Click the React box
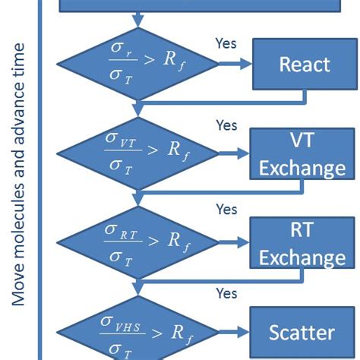(304, 65)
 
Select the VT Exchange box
(303, 152)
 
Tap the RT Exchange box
(303, 243)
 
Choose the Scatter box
(302, 332)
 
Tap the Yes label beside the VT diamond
(226, 125)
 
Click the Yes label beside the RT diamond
(226, 208)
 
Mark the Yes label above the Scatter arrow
(226, 292)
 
